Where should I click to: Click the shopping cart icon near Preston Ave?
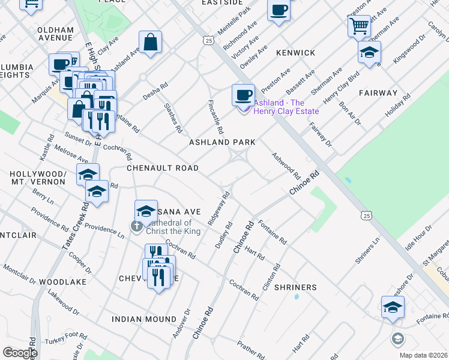pyautogui.click(x=358, y=26)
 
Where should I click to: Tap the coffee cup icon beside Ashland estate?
pyautogui.click(x=243, y=94)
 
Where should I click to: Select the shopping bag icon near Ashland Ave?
pyautogui.click(x=150, y=42)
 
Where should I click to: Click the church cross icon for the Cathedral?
pyautogui.click(x=136, y=226)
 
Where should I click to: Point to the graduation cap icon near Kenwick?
pyautogui.click(x=369, y=52)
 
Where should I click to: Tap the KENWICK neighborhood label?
pyautogui.click(x=295, y=53)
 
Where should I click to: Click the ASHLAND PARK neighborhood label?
pyautogui.click(x=222, y=142)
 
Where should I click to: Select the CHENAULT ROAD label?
pyautogui.click(x=162, y=169)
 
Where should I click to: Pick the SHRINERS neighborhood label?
pyautogui.click(x=295, y=287)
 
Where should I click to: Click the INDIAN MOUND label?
pyautogui.click(x=143, y=319)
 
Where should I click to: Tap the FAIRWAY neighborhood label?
pyautogui.click(x=378, y=93)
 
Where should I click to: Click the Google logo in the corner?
pyautogui.click(x=20, y=353)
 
